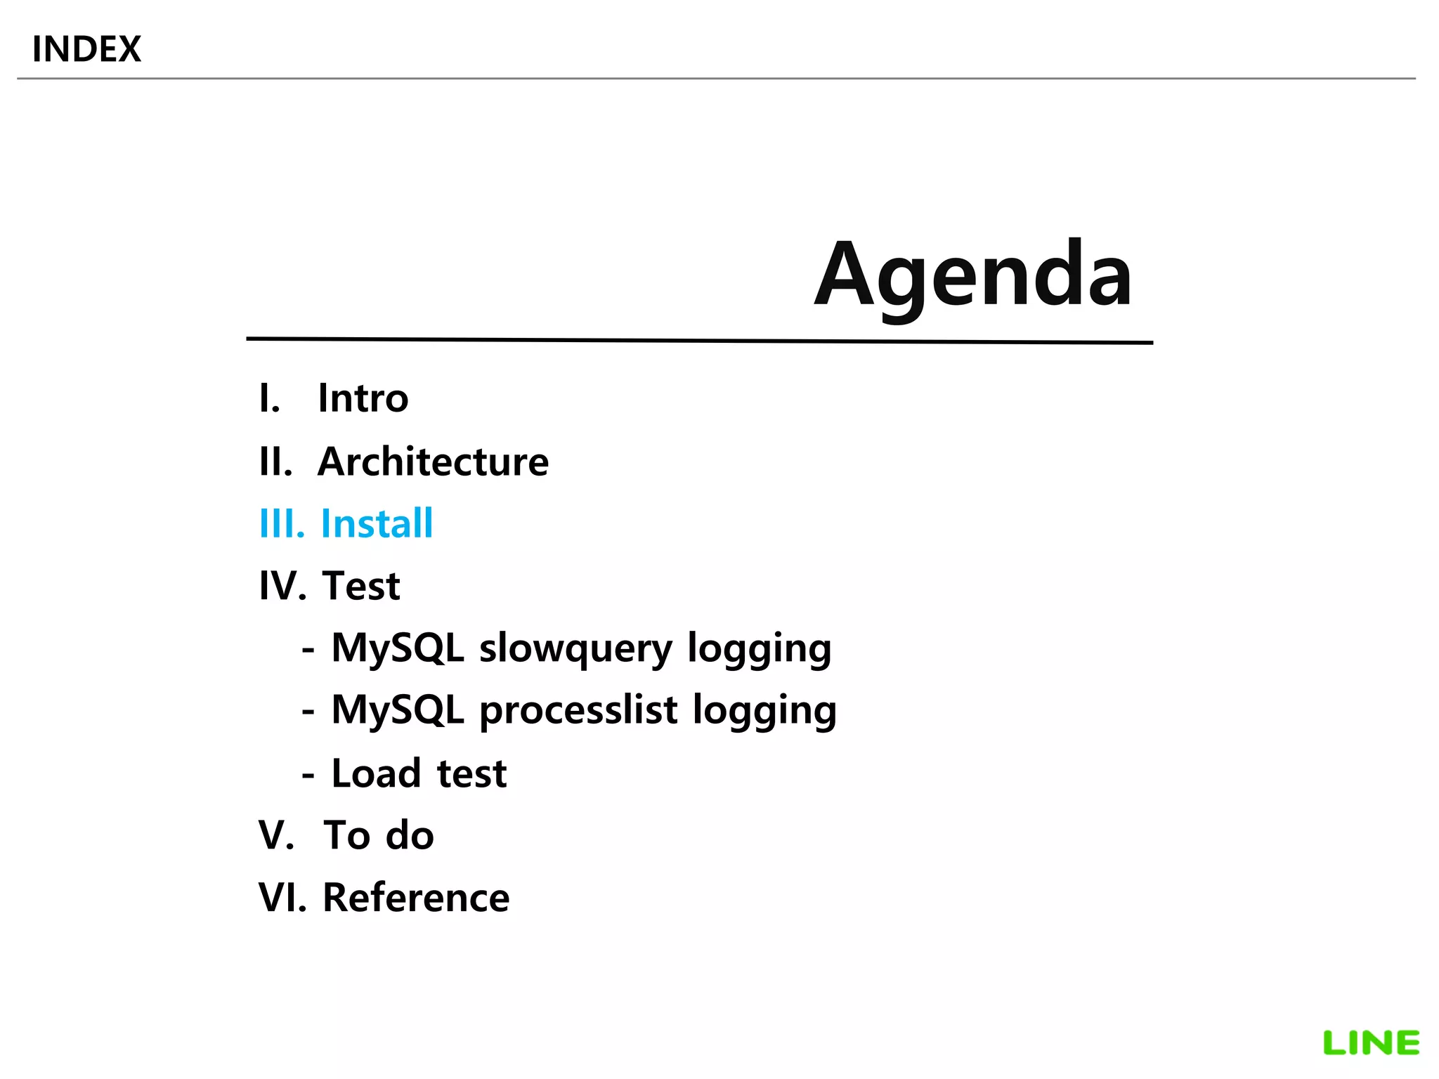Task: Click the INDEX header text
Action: [86, 49]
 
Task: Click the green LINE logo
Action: [1371, 1043]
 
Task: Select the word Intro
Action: [363, 398]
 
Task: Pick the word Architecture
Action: [433, 462]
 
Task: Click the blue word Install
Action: [377, 523]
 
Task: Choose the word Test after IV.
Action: [361, 586]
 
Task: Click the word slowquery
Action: [575, 648]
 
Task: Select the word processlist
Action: [578, 710]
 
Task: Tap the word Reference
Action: [416, 898]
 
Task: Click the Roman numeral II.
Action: [275, 462]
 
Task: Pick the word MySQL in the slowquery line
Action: [397, 648]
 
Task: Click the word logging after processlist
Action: [764, 710]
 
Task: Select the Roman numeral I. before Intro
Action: [269, 398]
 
